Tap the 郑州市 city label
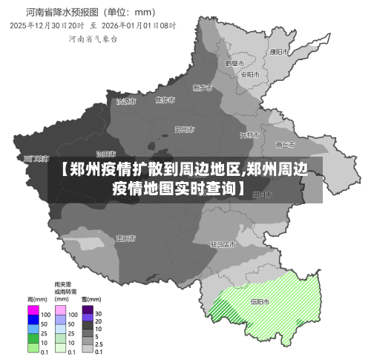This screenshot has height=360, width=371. click(x=185, y=129)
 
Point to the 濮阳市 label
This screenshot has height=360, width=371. click(x=279, y=52)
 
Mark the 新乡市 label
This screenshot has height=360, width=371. click(x=203, y=88)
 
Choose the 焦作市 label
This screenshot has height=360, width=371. click(x=165, y=100)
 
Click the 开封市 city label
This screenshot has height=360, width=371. click(x=249, y=135)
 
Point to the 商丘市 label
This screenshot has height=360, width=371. click(x=285, y=145)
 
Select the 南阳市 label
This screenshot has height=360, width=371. click(x=125, y=238)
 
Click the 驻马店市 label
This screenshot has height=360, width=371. click(x=223, y=243)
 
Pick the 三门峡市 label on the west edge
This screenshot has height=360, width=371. click(x=36, y=159)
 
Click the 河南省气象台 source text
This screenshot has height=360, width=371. click(x=93, y=39)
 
